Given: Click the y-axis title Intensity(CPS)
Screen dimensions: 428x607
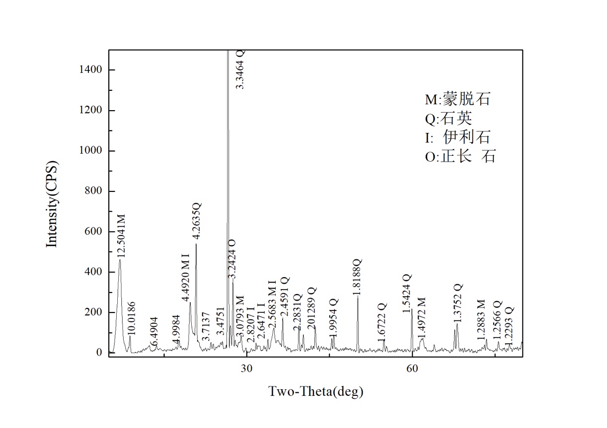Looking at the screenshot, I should click(x=52, y=204).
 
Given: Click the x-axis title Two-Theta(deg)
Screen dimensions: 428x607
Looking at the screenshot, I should click(x=316, y=392).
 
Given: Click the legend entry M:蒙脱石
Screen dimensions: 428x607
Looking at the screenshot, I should click(x=457, y=99).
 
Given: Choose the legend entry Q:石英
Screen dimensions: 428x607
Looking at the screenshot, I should click(x=449, y=119).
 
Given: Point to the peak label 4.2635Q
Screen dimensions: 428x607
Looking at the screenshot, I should click(x=197, y=222).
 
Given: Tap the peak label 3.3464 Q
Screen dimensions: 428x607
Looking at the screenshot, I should click(x=240, y=69).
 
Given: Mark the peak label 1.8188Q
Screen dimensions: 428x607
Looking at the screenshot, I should click(x=358, y=278).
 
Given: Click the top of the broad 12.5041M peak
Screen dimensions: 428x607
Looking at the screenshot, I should click(x=120, y=260).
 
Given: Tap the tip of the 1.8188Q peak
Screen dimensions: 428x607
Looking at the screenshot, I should click(x=358, y=296).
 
